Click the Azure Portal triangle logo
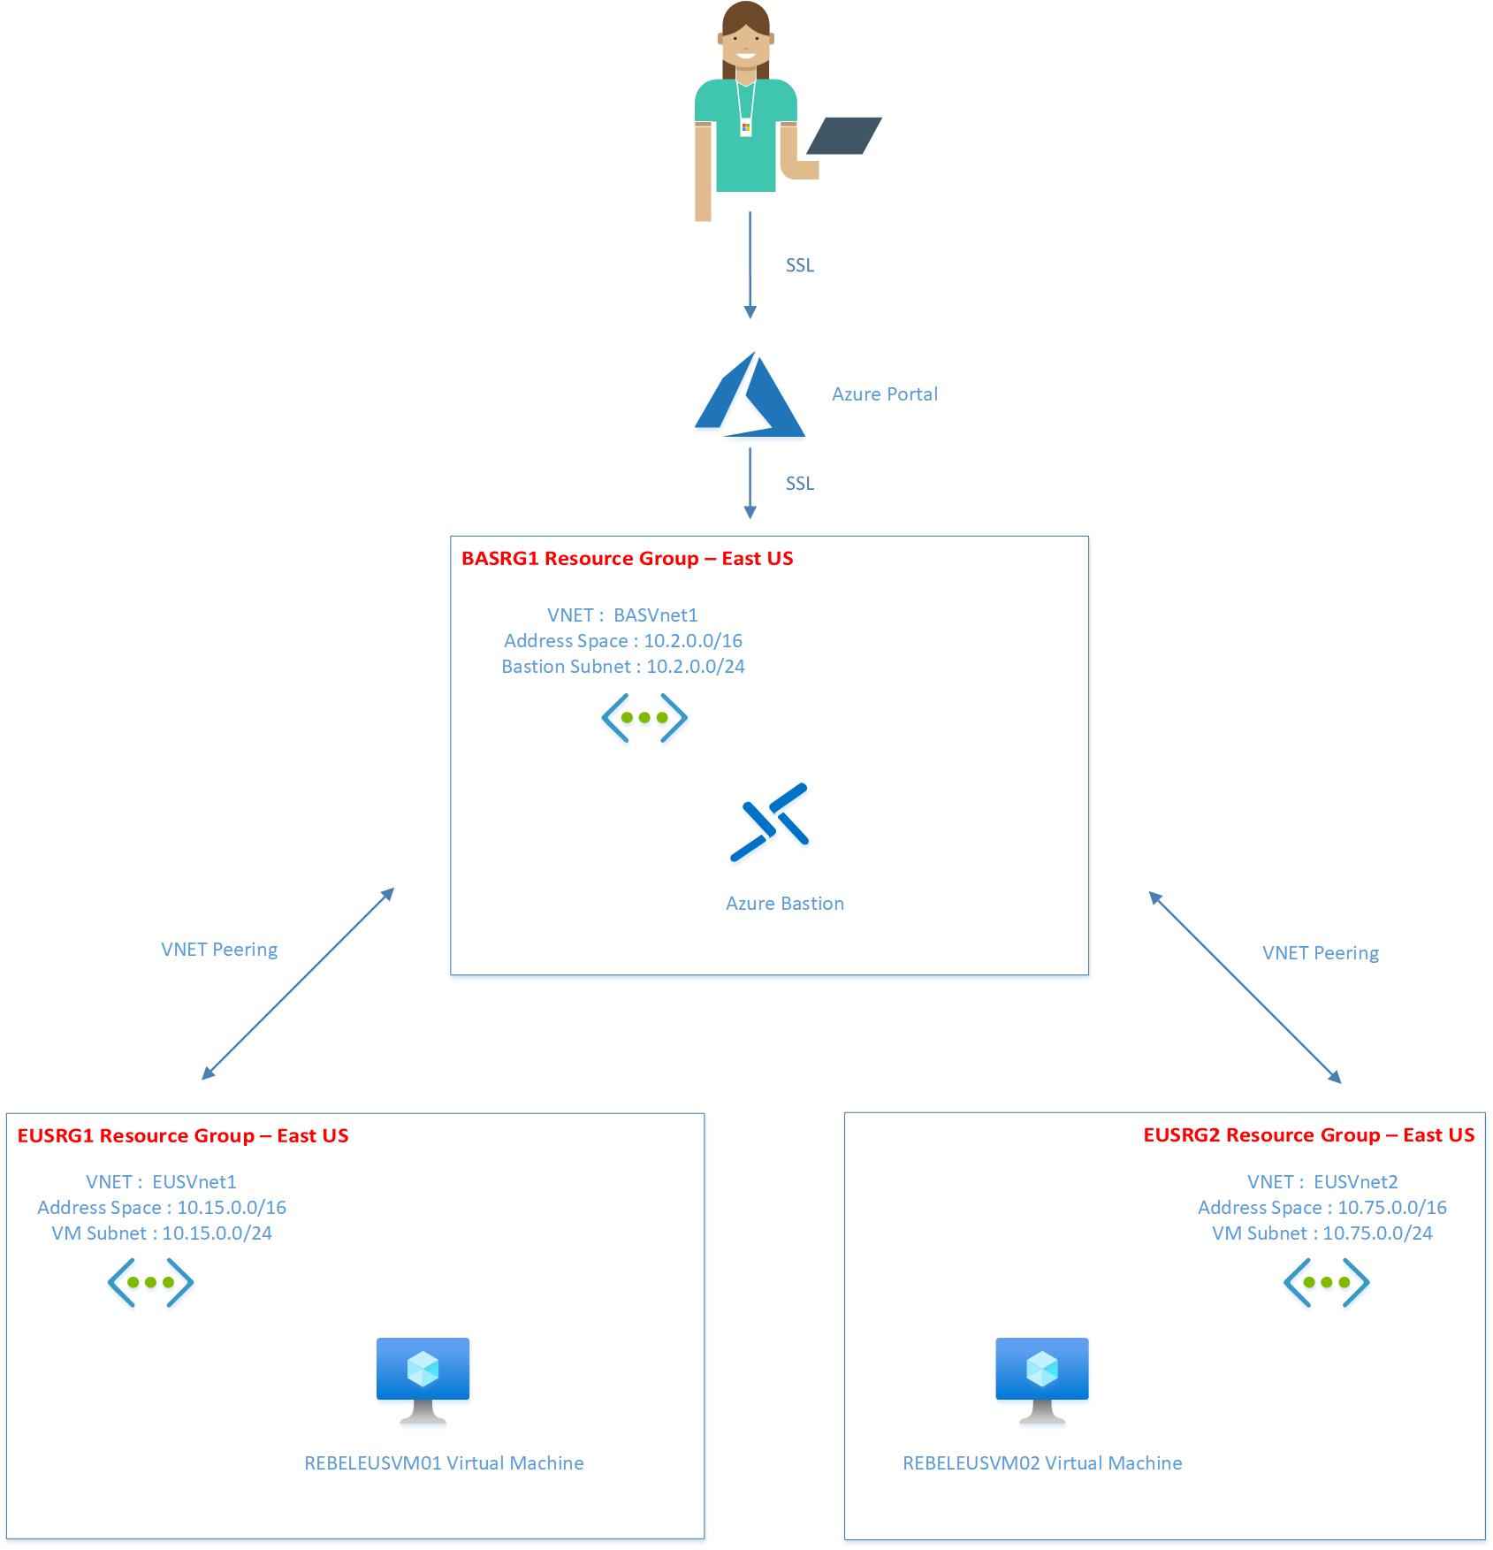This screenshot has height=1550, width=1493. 750,396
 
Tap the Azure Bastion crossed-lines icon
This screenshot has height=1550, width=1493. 769,821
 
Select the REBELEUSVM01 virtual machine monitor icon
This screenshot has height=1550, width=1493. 423,1379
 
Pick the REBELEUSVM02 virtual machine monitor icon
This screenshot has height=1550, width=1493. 1042,1379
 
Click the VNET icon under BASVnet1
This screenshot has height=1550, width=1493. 644,718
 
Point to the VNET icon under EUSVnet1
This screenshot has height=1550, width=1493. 150,1282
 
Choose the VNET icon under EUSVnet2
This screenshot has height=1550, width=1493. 1326,1282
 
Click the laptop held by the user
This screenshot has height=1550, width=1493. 843,136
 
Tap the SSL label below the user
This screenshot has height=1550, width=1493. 800,265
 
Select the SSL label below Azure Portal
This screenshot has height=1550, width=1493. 800,484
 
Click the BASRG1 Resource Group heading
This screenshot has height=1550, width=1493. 628,559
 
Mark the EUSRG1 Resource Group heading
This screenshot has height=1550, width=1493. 183,1136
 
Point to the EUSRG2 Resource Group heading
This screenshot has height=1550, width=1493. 1308,1135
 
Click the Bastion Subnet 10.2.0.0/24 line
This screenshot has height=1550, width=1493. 623,667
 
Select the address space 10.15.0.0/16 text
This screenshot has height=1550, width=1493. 162,1208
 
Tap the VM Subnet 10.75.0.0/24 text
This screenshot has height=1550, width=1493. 1322,1233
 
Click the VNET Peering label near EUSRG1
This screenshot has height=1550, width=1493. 219,950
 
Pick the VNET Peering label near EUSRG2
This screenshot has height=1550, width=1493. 1321,953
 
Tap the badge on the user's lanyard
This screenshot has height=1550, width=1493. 746,128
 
